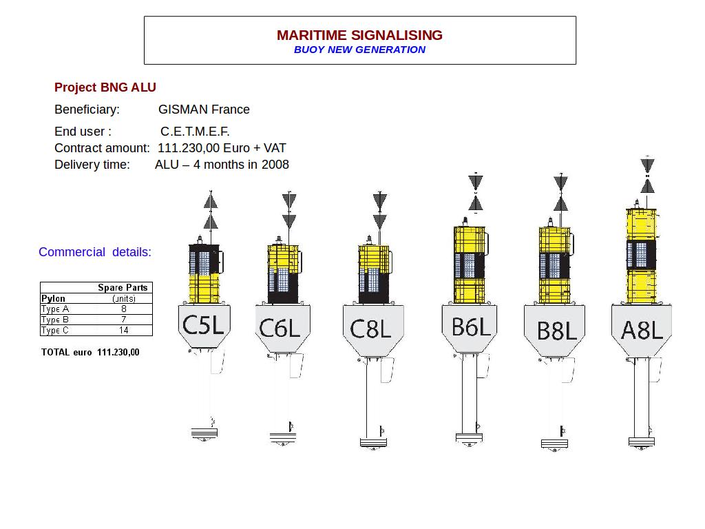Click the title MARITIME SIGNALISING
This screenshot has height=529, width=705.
click(x=359, y=35)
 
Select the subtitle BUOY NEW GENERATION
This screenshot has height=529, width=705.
click(x=359, y=50)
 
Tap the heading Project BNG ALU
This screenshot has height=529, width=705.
click(x=105, y=87)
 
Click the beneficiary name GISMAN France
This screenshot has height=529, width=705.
click(x=204, y=110)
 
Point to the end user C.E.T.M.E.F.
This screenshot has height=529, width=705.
click(x=195, y=132)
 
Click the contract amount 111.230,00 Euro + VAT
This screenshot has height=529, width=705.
click(x=222, y=148)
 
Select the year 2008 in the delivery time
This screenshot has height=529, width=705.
click(x=275, y=165)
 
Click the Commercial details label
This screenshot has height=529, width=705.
click(x=95, y=252)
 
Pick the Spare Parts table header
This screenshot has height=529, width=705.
click(x=123, y=287)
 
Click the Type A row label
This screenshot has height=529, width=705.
click(x=55, y=309)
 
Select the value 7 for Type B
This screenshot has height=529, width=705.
click(x=124, y=320)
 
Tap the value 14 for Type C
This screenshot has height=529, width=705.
click(x=124, y=330)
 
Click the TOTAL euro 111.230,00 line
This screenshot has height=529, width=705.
click(x=90, y=352)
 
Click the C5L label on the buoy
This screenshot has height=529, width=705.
click(x=203, y=324)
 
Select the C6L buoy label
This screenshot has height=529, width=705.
click(x=280, y=328)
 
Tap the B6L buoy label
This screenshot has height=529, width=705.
click(x=471, y=326)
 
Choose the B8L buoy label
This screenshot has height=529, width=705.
click(x=556, y=331)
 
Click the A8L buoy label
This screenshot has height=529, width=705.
click(x=642, y=331)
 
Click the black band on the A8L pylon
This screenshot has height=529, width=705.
click(x=641, y=255)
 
